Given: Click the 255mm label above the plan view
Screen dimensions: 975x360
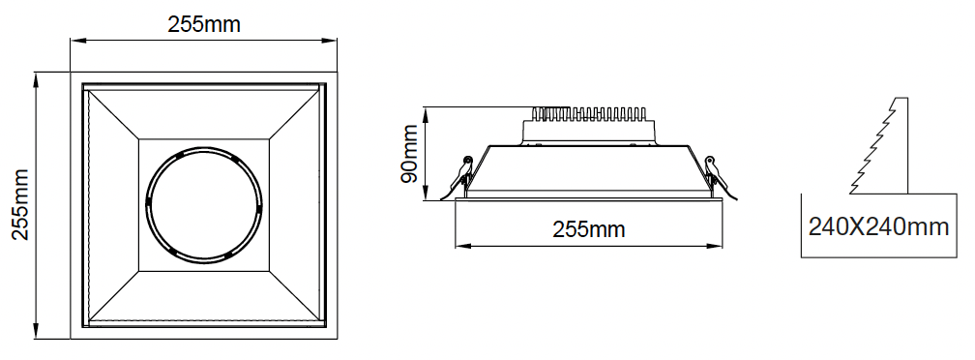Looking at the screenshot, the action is (x=204, y=24).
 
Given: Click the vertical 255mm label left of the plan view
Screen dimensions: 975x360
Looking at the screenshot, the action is (x=21, y=204).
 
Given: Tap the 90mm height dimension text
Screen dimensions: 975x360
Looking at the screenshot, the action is (x=409, y=154).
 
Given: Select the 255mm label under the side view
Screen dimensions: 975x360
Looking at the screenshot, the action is (x=588, y=229).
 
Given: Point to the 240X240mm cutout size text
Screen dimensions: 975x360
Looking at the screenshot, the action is (x=878, y=227).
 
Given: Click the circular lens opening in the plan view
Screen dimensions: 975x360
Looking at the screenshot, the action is (x=204, y=204).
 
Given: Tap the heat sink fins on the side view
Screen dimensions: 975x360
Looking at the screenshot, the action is (x=589, y=113).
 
